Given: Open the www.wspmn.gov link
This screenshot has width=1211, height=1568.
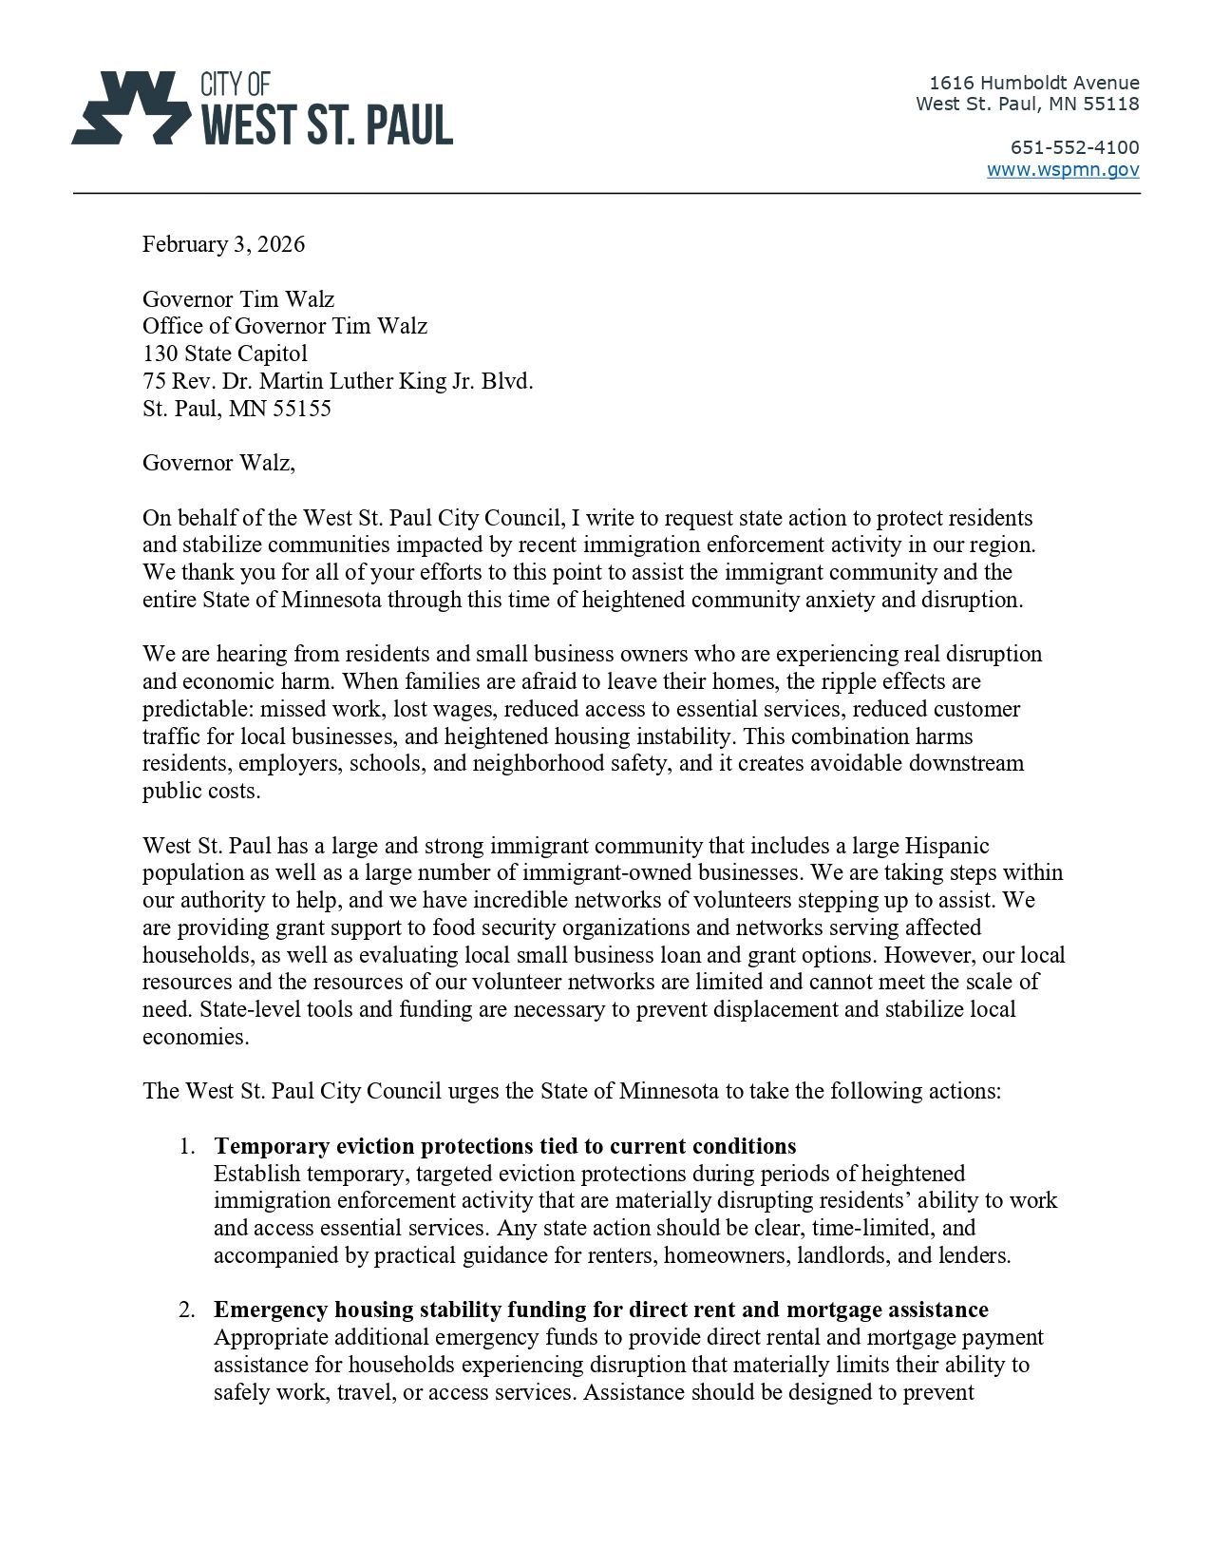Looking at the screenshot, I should pos(1063,170).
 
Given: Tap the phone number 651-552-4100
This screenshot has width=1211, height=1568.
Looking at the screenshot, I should pos(1074,147).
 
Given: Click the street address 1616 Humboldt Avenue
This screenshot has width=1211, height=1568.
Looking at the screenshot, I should pos(1033,83).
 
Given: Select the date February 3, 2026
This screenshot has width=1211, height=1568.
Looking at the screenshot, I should pos(224,244).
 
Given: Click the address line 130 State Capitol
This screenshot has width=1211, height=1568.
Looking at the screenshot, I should pos(225,354).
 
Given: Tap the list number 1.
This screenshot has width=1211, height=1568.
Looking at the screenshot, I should pos(186,1146).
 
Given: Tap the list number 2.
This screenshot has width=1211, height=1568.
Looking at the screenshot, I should pos(186,1310).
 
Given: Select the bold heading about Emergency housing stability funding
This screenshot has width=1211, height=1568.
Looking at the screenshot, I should pos(600,1310).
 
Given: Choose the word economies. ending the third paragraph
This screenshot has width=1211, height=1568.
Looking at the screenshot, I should pos(196,1037).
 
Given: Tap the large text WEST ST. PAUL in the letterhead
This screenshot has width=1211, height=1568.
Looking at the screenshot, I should pos(326,125).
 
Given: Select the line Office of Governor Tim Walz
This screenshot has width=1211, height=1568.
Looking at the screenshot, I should pos(285,326).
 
